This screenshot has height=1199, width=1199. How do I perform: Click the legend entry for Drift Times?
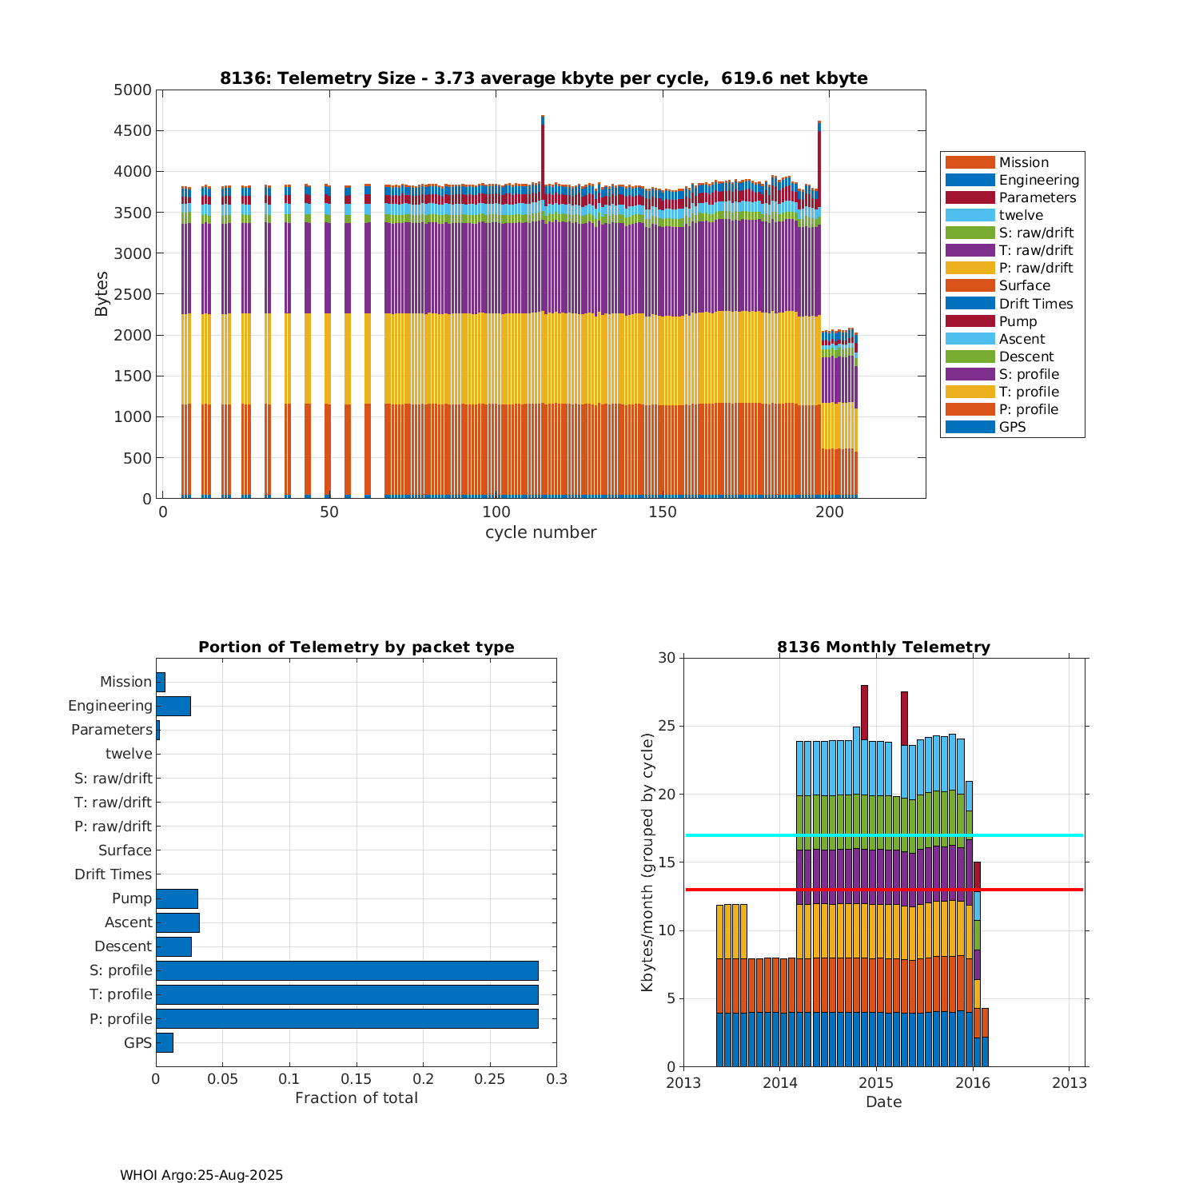coord(1035,304)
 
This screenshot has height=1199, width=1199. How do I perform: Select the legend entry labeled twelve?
coord(1021,215)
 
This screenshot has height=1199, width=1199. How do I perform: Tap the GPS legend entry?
coord(1012,427)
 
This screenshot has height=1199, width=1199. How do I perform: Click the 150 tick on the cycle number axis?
coord(663,512)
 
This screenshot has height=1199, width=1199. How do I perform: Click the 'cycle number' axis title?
coord(540,532)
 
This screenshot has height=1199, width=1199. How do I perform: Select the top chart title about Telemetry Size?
coord(544,78)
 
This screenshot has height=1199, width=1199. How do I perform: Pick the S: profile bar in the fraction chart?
coord(347,970)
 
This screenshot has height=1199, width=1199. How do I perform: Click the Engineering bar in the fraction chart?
coord(173,706)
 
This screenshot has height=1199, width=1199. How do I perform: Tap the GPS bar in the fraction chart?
coord(165,1042)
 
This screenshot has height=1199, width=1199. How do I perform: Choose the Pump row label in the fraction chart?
coord(132,898)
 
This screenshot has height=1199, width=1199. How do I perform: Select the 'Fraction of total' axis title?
coord(357,1098)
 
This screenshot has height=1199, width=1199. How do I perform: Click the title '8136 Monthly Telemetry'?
coord(883,647)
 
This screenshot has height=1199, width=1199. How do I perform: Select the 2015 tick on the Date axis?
coord(876,1083)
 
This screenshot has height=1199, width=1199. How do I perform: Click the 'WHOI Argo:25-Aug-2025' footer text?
coord(201,1176)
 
